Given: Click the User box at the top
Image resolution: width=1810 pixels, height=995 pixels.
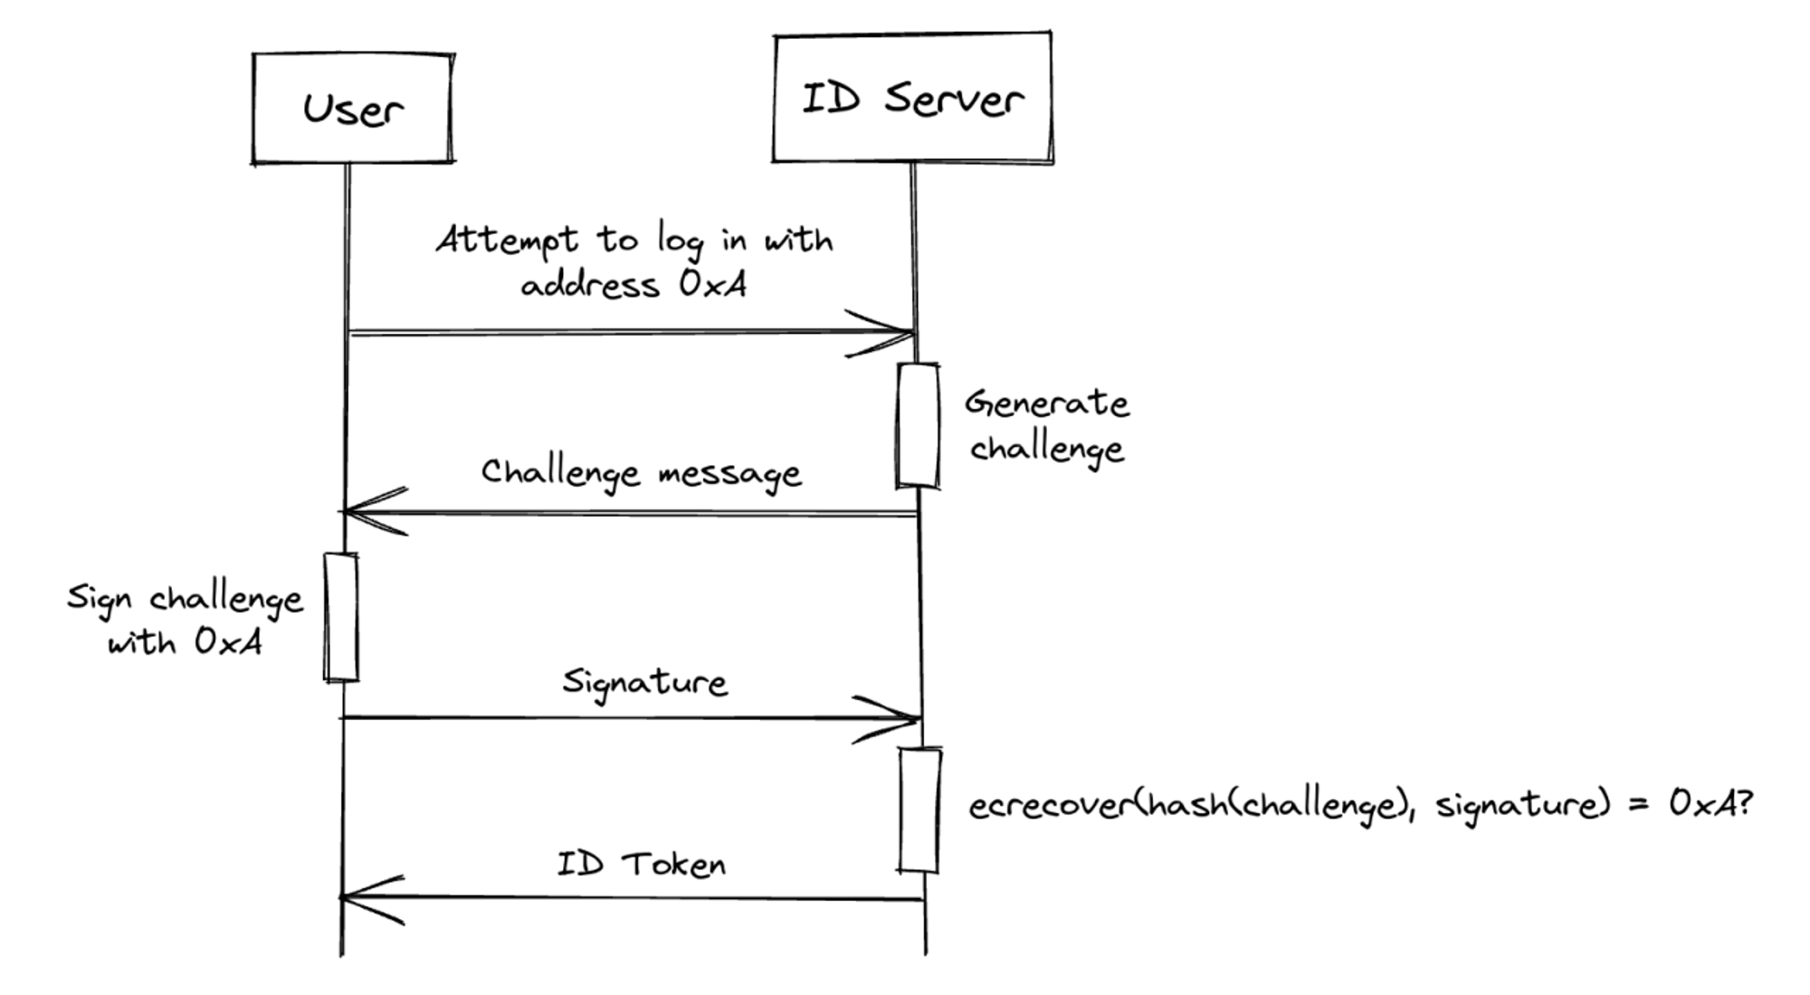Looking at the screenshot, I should pyautogui.click(x=353, y=109).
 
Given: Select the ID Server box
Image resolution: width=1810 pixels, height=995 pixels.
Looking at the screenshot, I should pyautogui.click(x=912, y=98).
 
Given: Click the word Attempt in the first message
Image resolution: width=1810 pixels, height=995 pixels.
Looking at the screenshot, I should pyautogui.click(x=507, y=241).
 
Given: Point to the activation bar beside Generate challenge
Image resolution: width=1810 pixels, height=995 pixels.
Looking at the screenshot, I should pyautogui.click(x=918, y=425).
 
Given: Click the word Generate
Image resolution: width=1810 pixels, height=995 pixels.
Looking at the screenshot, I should pyautogui.click(x=1046, y=403).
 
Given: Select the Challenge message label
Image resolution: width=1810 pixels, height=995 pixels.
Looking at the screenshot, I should pyautogui.click(x=641, y=472).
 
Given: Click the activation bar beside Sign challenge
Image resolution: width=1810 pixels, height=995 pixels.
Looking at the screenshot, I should pyautogui.click(x=341, y=617).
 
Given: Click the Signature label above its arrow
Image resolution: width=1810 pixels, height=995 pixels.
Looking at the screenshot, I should pyautogui.click(x=644, y=682).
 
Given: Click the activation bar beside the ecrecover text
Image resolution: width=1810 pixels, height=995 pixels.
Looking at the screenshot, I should pyautogui.click(x=919, y=810).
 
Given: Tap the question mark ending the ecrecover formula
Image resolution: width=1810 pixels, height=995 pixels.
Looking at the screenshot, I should pyautogui.click(x=1743, y=801).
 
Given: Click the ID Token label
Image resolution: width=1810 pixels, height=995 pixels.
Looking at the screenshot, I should pyautogui.click(x=641, y=865).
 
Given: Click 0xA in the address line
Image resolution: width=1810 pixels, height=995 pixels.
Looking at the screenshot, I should pyautogui.click(x=713, y=285).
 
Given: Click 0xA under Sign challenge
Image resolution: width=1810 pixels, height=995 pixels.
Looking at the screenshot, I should pyautogui.click(x=228, y=642).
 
